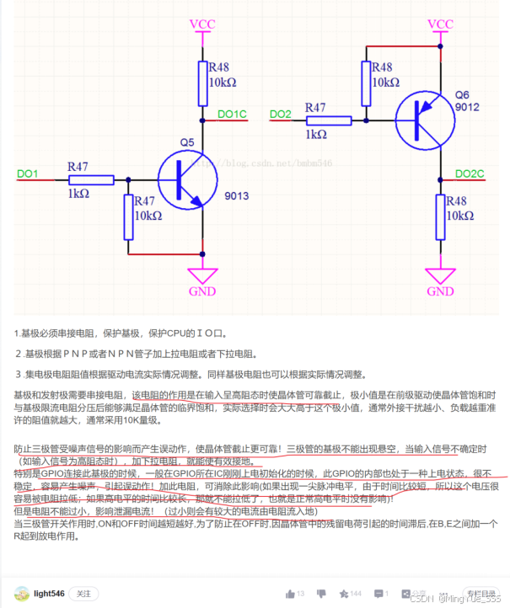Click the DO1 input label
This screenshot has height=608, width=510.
tap(28, 173)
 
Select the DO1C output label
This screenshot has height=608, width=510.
tap(232, 114)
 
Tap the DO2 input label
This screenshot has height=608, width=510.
tap(281, 114)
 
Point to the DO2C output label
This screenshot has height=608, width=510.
tap(470, 173)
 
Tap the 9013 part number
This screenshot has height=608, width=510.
tap(237, 196)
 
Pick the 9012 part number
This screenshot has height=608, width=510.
tap(466, 108)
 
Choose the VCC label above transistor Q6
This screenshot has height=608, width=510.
tap(440, 23)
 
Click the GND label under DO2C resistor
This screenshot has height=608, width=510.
tap(440, 291)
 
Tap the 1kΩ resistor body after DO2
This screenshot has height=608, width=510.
tap(328, 120)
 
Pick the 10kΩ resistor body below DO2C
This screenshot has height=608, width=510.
tap(440, 216)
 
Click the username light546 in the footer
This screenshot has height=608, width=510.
tap(49, 595)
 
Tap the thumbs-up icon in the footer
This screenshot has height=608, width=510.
tap(291, 594)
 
